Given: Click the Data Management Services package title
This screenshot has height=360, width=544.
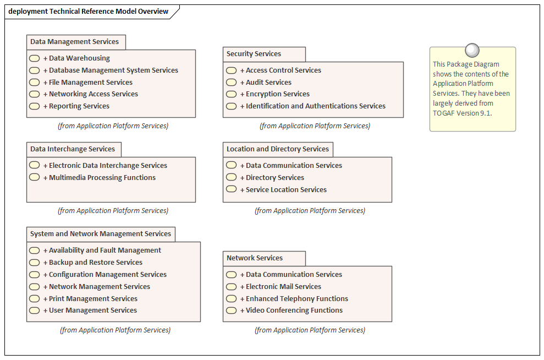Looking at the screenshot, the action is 74,42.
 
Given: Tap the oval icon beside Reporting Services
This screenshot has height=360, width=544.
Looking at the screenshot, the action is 34,106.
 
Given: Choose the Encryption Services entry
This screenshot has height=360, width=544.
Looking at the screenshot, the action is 275,94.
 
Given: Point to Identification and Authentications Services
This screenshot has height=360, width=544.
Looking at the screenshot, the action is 312,106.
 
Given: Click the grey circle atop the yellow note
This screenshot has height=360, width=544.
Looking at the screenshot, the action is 472,50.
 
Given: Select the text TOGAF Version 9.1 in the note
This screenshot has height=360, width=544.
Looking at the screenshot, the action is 462,113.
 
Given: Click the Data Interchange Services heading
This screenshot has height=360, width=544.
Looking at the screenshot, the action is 73,149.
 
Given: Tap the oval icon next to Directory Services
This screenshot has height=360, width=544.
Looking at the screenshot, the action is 232,177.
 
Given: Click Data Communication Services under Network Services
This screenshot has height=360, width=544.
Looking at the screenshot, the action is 291,275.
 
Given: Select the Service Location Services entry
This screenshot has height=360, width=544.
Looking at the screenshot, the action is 283,190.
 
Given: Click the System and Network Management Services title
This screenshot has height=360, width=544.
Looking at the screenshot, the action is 101,233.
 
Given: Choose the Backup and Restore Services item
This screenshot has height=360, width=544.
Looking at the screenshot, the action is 92,263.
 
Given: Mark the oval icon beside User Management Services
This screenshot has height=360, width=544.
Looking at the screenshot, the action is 34,310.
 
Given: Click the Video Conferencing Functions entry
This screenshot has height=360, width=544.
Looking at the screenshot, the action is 292,310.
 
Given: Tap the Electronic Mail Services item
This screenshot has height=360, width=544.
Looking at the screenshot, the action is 281,287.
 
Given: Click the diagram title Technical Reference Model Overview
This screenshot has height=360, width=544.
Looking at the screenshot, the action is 109,12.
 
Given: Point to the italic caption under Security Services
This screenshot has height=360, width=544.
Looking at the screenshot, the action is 315,126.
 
